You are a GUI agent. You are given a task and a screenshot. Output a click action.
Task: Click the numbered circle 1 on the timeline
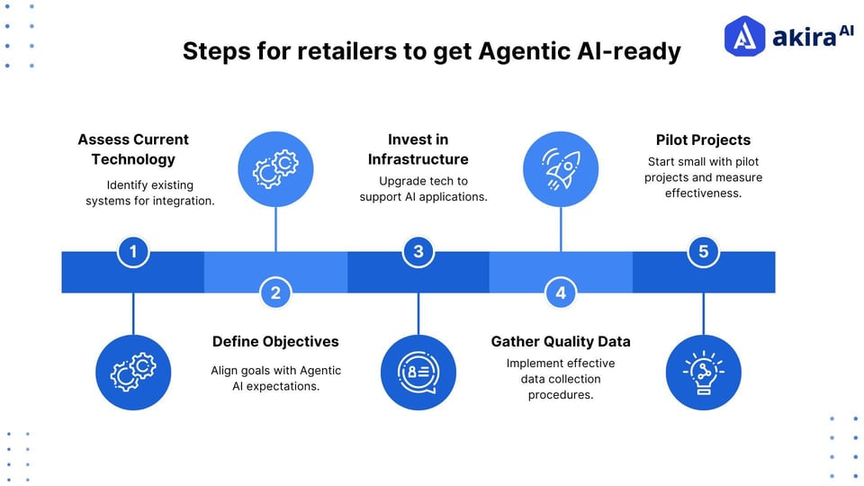coord(133,252)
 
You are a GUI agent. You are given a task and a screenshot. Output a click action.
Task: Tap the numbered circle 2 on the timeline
coord(275,292)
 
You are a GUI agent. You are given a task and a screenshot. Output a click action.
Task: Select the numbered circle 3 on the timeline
coord(418,252)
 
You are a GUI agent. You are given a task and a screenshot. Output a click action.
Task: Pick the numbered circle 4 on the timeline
coord(561,292)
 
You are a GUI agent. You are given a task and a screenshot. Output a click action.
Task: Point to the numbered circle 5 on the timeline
coord(703,252)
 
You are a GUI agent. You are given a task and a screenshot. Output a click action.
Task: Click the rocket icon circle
coord(561,169)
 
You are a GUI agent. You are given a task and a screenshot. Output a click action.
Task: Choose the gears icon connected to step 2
coord(275,169)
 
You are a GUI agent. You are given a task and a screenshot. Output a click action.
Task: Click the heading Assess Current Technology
coord(133,149)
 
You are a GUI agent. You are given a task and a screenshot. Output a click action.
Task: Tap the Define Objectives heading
coord(275,341)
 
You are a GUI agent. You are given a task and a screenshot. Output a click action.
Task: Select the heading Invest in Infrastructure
coord(418,149)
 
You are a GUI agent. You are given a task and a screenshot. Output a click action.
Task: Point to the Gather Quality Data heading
coord(561,341)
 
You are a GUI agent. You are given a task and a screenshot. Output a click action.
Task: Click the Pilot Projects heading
coord(703,139)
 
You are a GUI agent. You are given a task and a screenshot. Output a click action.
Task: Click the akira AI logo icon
coord(744,37)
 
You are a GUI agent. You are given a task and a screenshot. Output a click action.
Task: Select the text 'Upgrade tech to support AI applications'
coord(423,189)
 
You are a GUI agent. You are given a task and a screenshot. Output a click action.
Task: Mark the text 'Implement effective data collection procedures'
coord(561,378)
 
